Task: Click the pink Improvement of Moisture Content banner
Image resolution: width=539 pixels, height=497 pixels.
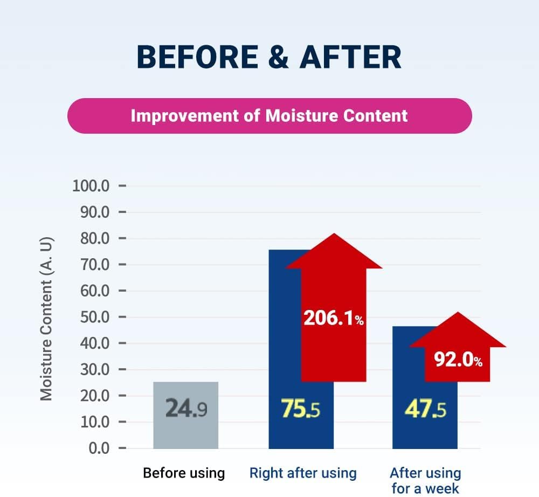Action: [x=269, y=116]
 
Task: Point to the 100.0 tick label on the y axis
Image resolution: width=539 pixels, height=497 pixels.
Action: [x=91, y=186]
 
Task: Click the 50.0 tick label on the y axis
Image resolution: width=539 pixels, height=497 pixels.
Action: [x=95, y=317]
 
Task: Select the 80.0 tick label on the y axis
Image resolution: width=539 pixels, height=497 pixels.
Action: [x=95, y=238]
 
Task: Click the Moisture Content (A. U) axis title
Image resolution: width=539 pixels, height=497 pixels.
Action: [x=47, y=319]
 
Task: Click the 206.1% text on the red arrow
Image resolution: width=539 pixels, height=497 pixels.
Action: [x=333, y=319]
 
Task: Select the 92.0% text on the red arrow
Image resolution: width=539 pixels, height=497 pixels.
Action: [x=458, y=360]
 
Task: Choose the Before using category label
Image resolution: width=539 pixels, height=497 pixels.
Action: [x=184, y=473]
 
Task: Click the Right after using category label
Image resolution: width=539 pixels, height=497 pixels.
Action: [x=303, y=473]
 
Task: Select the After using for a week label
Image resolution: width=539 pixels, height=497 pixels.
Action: [x=425, y=480]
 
